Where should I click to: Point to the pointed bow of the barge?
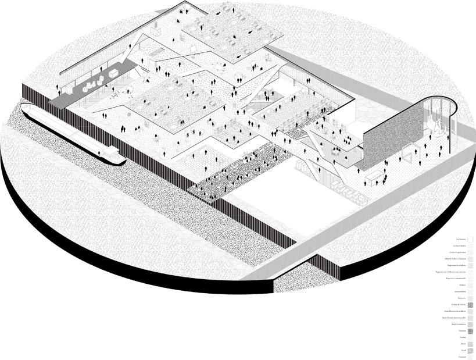pyautogui.click(x=26, y=106)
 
